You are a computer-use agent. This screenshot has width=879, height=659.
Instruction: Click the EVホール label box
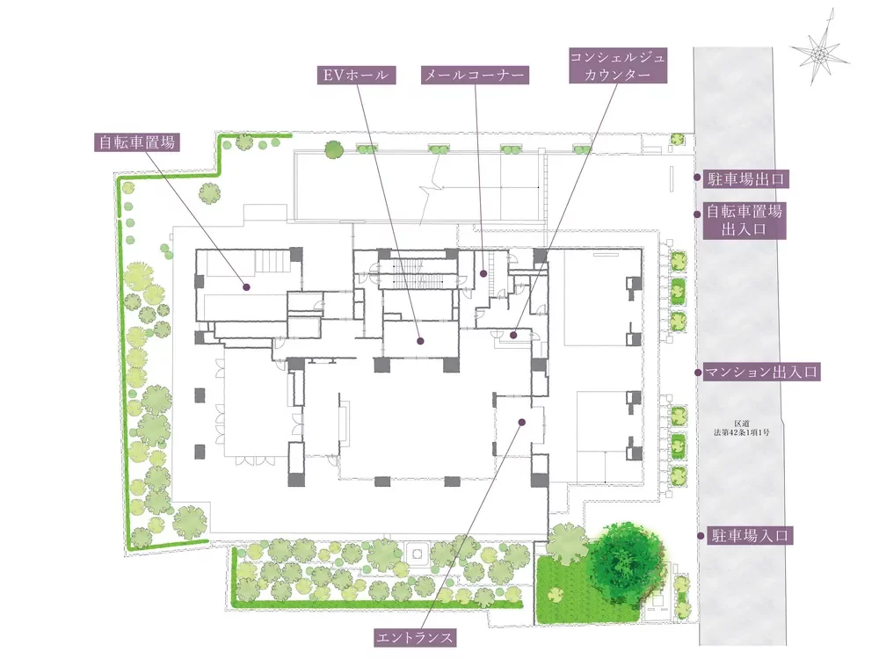pos(357,75)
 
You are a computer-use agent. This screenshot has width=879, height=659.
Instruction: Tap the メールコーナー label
pos(475,75)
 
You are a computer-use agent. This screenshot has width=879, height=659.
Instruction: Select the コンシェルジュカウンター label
pos(618,66)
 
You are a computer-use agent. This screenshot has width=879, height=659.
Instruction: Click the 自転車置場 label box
pos(137,142)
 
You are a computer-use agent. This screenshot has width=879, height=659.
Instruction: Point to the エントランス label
pos(415,637)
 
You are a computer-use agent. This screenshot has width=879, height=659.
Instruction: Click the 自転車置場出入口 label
pos(744,221)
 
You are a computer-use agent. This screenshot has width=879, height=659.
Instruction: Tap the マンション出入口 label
pos(761,372)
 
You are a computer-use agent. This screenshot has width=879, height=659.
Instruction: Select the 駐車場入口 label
pos(750,535)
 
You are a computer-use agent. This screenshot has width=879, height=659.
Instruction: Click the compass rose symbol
pos(819,54)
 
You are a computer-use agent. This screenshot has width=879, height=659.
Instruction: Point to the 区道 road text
pos(742,428)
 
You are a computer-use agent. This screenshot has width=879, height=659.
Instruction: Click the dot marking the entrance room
pos(522,422)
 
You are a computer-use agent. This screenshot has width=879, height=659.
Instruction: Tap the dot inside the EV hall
pos(420,341)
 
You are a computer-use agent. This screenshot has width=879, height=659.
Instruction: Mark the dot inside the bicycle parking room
pos(246,287)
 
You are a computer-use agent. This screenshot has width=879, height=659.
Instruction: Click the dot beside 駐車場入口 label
pos(701,536)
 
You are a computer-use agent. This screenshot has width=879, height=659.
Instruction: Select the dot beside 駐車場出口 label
pos(697,177)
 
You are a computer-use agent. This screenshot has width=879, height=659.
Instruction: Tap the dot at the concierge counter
pos(513,335)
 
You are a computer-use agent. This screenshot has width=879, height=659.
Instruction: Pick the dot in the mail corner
pos(483,273)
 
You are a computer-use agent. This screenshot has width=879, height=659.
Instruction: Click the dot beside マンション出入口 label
pos(698,372)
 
